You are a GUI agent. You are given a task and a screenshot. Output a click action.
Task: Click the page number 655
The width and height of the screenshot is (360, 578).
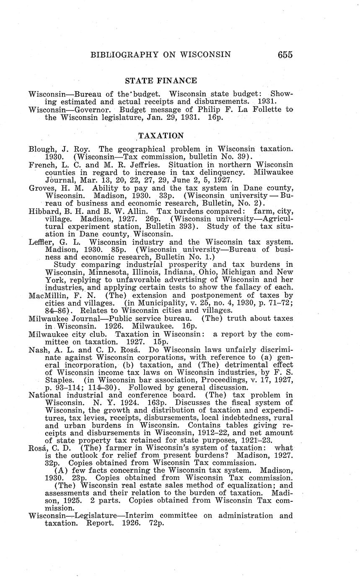(285, 55)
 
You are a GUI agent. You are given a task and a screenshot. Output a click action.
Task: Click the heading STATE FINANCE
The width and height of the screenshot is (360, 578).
(161, 81)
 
